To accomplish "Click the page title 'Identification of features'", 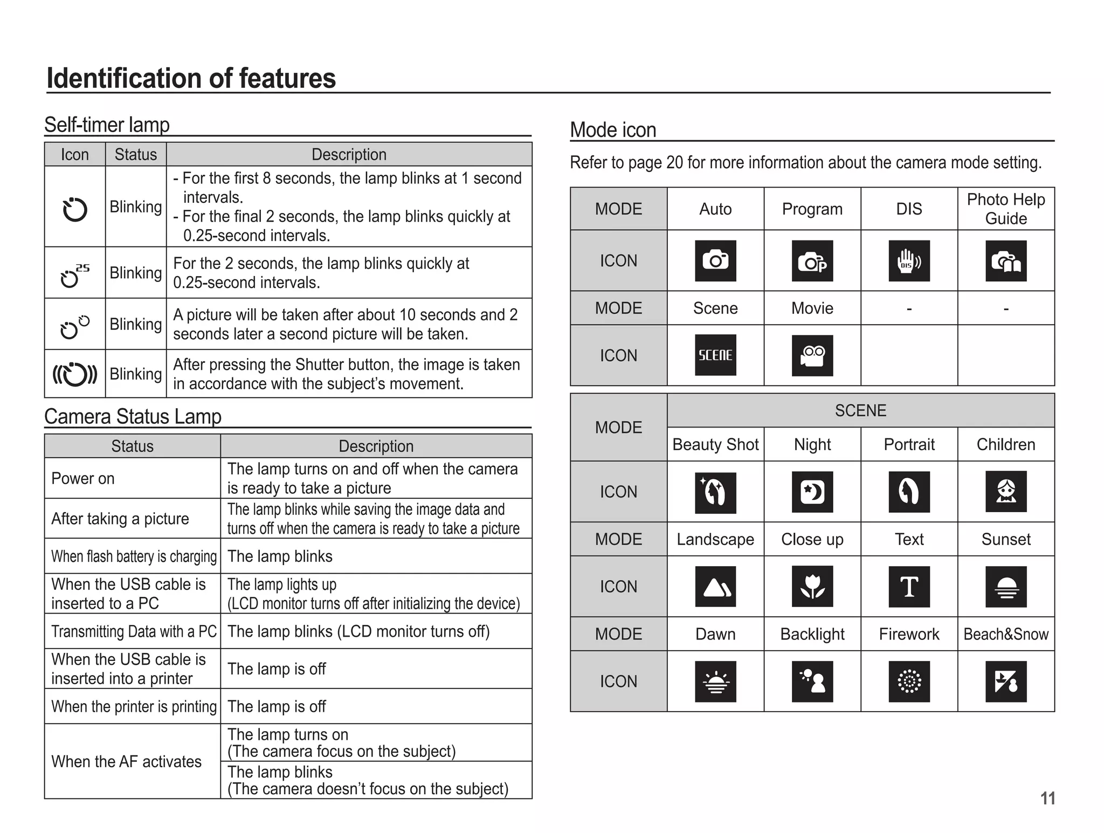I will point(191,78).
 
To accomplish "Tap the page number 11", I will point(1047,798).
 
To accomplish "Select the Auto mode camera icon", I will point(715,261).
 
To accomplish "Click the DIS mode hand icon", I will point(909,261).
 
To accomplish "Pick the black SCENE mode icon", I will point(715,355).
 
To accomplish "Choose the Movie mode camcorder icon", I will point(812,355).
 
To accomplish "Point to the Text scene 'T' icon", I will point(909,587).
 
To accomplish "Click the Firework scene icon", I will point(909,681).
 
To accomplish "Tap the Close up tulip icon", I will point(812,587).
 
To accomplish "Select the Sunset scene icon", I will point(1006,587).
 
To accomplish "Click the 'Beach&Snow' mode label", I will point(1006,634).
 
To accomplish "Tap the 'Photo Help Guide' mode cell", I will point(1006,209).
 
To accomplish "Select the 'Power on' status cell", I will point(132,478).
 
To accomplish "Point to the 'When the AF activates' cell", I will point(132,761).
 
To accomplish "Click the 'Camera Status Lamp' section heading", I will point(133,417).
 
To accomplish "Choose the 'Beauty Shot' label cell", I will point(715,444).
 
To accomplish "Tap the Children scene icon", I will point(1006,492).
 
